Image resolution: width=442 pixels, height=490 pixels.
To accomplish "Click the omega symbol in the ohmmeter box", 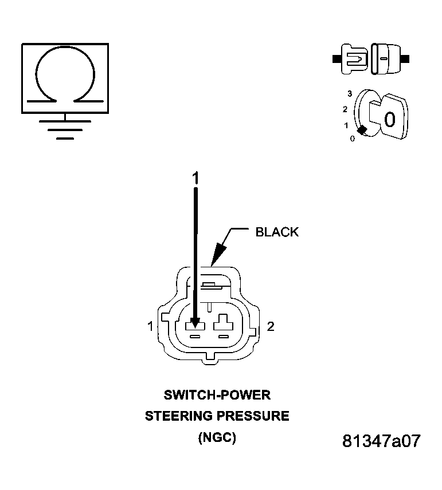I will pos(65,77).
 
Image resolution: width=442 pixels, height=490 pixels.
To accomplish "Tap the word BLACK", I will pos(277,232).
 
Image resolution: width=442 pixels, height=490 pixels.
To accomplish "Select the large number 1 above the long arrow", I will pos(195,179).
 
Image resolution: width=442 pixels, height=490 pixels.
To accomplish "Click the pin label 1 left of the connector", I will pos(150,326).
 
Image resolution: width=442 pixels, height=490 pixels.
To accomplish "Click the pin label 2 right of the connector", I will pos(271,326).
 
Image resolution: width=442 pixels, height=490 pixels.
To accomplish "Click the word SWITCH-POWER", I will pos(217,395).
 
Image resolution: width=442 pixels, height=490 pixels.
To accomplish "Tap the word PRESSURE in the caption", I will pos(255,416).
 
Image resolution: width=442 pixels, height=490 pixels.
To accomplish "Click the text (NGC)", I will pos(217,438).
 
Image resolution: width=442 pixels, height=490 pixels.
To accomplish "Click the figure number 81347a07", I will pos(381,441).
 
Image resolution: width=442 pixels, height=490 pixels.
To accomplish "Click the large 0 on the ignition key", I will pos(389,120).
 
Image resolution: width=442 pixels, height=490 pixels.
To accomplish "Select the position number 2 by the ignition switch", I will pos(345,109).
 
